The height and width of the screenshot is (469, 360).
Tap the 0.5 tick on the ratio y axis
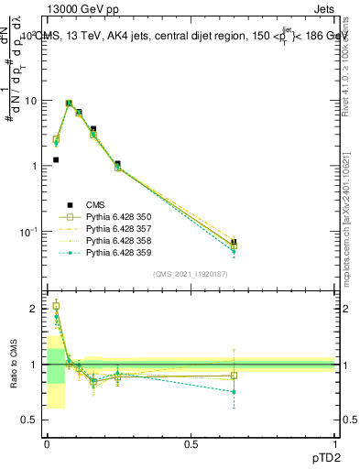pyautogui.click(x=33, y=420)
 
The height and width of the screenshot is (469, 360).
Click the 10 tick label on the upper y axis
pyautogui.click(x=31, y=101)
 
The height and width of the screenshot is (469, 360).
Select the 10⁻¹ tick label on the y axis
pyautogui.click(x=29, y=232)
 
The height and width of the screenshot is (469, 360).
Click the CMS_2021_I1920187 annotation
pyautogui.click(x=191, y=274)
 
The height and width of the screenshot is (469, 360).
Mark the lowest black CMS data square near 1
pyautogui.click(x=56, y=159)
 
